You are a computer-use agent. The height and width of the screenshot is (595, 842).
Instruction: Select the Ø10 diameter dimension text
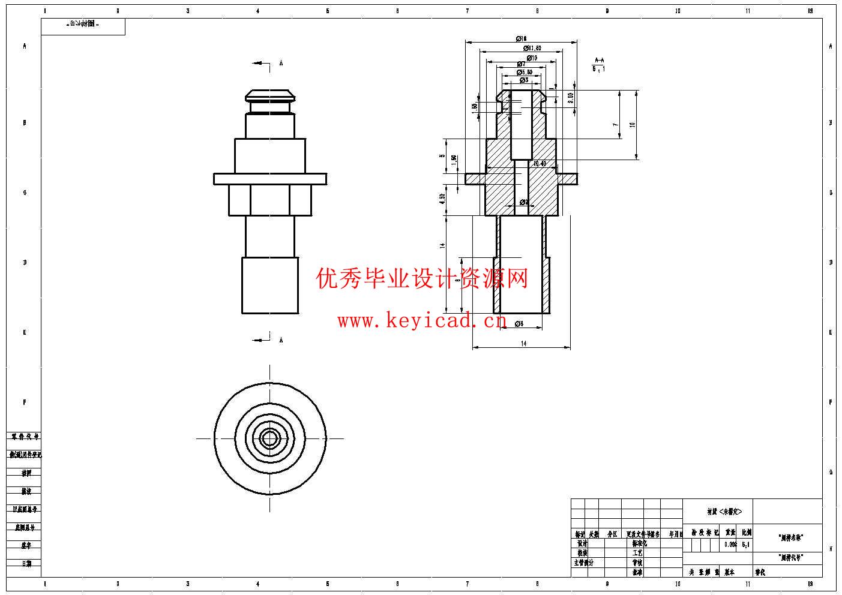[x=532, y=58]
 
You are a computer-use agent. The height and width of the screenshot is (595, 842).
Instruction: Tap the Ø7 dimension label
[x=521, y=64]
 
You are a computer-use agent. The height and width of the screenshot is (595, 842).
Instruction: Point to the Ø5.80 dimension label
[x=525, y=72]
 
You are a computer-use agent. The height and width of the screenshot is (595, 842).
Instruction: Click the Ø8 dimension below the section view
[x=519, y=324]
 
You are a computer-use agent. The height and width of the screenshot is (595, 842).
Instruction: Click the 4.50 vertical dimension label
[x=442, y=199]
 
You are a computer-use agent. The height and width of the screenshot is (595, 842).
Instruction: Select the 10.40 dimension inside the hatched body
[x=540, y=163]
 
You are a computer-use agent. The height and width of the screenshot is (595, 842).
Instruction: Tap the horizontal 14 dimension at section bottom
[x=523, y=344]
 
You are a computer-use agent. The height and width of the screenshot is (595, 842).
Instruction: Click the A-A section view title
[x=599, y=60]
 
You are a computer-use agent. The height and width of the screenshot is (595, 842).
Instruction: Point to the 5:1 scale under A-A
[x=599, y=69]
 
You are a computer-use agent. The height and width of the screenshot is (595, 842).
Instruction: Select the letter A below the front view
[x=281, y=340]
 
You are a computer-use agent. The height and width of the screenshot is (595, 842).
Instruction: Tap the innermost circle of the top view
[x=270, y=438]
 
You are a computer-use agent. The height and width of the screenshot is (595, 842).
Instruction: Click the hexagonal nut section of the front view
[x=270, y=200]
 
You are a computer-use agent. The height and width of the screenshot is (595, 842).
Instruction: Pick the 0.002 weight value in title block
[x=730, y=545]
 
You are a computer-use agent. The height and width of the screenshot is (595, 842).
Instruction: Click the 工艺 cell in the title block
[x=637, y=553]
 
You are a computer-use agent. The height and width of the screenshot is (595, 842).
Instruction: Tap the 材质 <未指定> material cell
[x=724, y=512]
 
